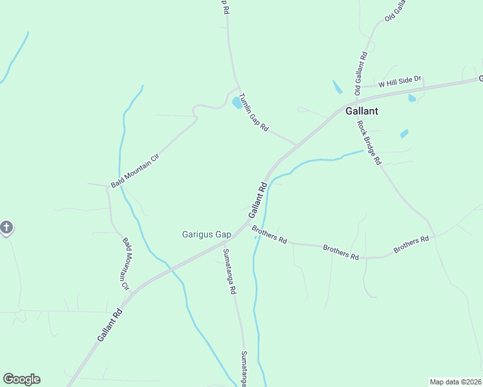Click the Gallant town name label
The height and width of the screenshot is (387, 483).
[362, 111]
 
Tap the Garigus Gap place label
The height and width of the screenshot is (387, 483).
[207, 234]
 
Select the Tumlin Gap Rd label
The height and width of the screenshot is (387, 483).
[253, 113]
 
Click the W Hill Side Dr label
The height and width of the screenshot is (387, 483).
[400, 81]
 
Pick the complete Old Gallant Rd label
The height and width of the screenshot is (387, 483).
[360, 73]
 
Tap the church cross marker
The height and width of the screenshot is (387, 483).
[6, 228]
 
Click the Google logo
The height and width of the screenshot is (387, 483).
[21, 379]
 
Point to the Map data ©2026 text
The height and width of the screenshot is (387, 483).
[456, 382]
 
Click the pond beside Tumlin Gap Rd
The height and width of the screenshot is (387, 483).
[237, 103]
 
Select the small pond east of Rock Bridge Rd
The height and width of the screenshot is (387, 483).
[404, 134]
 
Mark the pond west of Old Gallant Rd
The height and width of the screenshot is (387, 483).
[337, 87]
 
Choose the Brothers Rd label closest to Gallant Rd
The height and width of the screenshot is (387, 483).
[269, 234]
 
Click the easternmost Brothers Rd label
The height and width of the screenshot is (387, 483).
[411, 244]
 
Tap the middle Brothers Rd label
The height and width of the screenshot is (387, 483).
[340, 252]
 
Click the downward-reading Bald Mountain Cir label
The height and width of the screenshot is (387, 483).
[127, 263]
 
